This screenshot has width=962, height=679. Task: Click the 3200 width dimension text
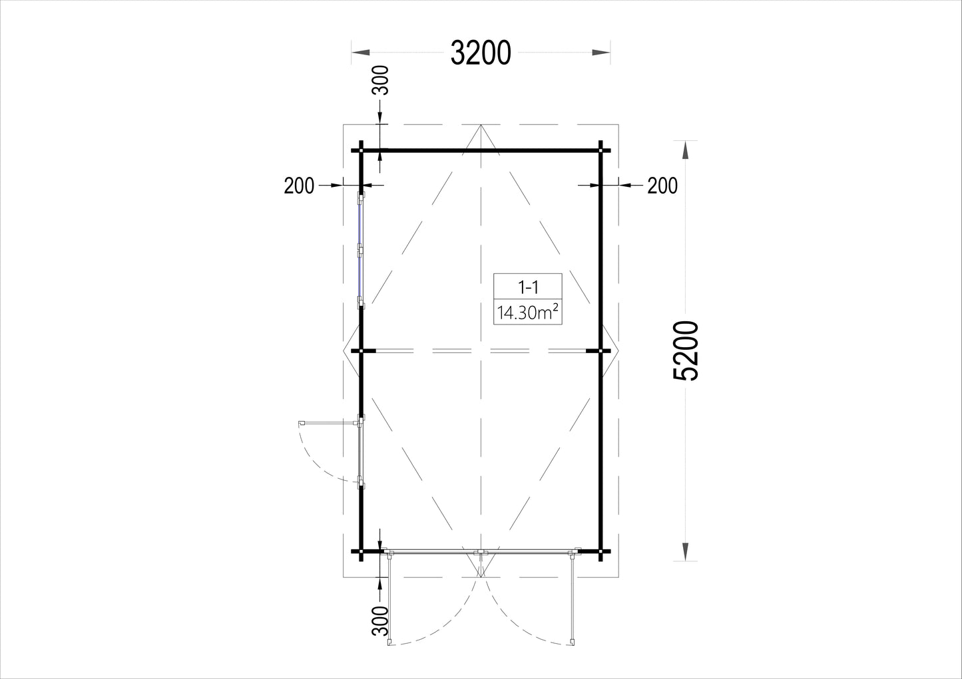pyautogui.click(x=481, y=53)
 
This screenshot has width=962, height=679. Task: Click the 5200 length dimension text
pyautogui.click(x=686, y=350)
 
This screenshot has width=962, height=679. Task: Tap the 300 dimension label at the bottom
pyautogui.click(x=380, y=620)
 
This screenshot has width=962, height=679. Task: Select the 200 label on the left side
pyautogui.click(x=299, y=186)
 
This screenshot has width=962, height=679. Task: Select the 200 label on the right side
pyautogui.click(x=662, y=186)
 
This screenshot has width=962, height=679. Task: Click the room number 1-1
pyautogui.click(x=528, y=287)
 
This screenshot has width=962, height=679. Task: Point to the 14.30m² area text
pyautogui.click(x=528, y=313)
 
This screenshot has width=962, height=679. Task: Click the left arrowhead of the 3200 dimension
pyautogui.click(x=361, y=53)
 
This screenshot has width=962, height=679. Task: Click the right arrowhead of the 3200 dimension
pyautogui.click(x=601, y=53)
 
